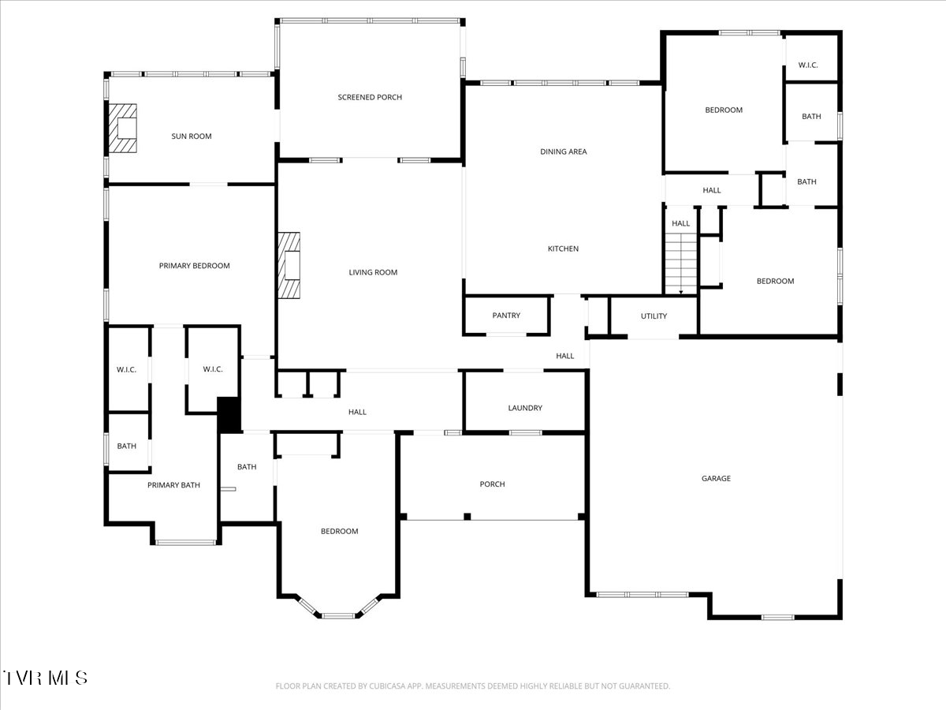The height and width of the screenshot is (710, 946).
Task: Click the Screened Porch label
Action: pos(370,97)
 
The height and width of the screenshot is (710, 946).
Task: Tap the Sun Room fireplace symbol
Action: pos(122,128)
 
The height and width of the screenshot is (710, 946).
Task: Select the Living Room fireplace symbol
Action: pos(289,265)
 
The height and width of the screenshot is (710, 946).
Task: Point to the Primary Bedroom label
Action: pos(195,266)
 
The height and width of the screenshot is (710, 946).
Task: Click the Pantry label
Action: pos(506,316)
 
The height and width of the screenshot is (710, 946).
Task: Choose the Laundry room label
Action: pos(525,408)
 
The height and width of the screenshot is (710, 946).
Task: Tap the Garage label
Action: pos(717,479)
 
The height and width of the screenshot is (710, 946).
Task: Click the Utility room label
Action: pos(654,316)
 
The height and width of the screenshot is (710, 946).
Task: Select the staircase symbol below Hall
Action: pos(681,263)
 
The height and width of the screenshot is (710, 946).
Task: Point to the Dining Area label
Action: pos(564,151)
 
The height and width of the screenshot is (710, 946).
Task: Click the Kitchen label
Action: pos(564,248)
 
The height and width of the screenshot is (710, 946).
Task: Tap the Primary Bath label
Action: pos(173,485)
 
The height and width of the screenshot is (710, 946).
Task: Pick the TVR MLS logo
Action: pos(44,678)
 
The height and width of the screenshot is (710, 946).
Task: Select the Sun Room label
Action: pos(192,136)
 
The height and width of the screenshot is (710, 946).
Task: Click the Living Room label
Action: pos(373,272)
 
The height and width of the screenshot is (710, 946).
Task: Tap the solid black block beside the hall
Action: pos(229,415)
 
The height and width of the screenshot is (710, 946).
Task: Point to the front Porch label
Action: pos(492,484)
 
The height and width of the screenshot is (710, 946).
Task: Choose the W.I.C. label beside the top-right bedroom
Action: pos(808,65)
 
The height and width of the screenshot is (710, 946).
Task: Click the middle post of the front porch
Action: pos(467,517)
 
